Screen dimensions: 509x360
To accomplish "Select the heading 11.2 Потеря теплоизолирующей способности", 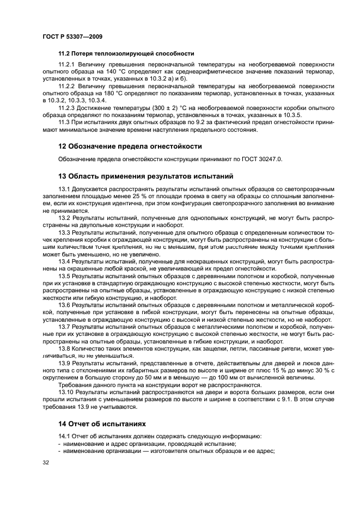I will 126,53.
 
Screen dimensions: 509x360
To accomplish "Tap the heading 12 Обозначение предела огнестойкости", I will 130,146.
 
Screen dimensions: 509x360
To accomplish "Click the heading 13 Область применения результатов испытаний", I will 145,176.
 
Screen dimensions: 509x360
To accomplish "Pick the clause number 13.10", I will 66,391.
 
